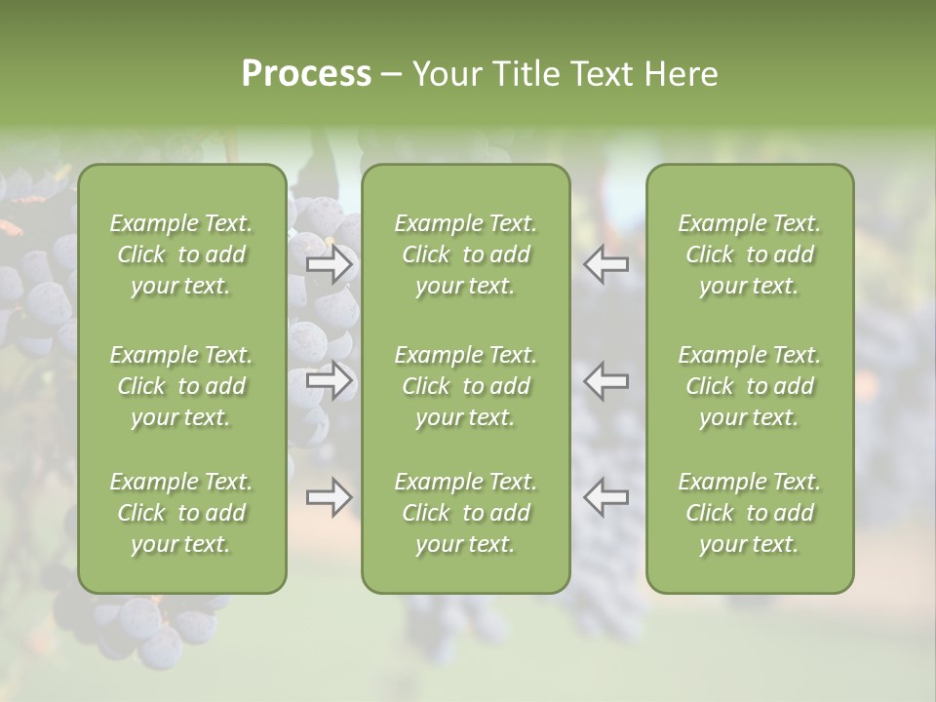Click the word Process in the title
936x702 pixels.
click(306, 74)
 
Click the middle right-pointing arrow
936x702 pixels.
click(330, 380)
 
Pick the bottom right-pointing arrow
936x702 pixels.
click(330, 497)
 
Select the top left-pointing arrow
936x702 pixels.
click(605, 264)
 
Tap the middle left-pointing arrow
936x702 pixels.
click(605, 380)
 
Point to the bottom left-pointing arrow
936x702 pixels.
click(605, 497)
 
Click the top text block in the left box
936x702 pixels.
click(181, 254)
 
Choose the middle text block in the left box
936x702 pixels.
click(181, 386)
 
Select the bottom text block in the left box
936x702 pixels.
click(181, 513)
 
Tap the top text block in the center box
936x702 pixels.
click(466, 254)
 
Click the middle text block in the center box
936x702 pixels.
click(466, 386)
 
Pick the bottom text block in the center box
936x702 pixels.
click(466, 513)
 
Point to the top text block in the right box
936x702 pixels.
click(750, 254)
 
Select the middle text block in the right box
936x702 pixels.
click(750, 386)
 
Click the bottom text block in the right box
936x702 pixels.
click(750, 513)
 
